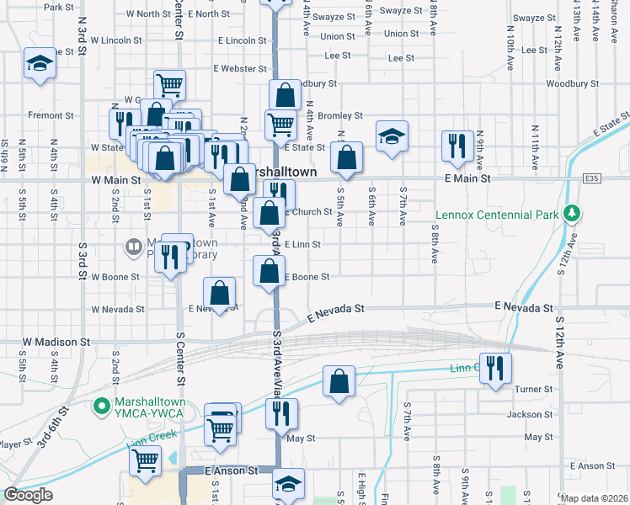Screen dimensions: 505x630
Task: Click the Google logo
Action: tap(28, 495)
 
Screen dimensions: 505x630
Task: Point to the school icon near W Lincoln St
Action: tap(40, 64)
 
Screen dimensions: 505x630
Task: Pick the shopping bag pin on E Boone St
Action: tap(270, 271)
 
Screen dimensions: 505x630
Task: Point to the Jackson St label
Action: tap(530, 414)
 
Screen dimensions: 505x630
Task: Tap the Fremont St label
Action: tap(45, 114)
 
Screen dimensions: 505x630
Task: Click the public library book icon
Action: tap(132, 247)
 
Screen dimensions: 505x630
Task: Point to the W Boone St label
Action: tap(114, 276)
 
